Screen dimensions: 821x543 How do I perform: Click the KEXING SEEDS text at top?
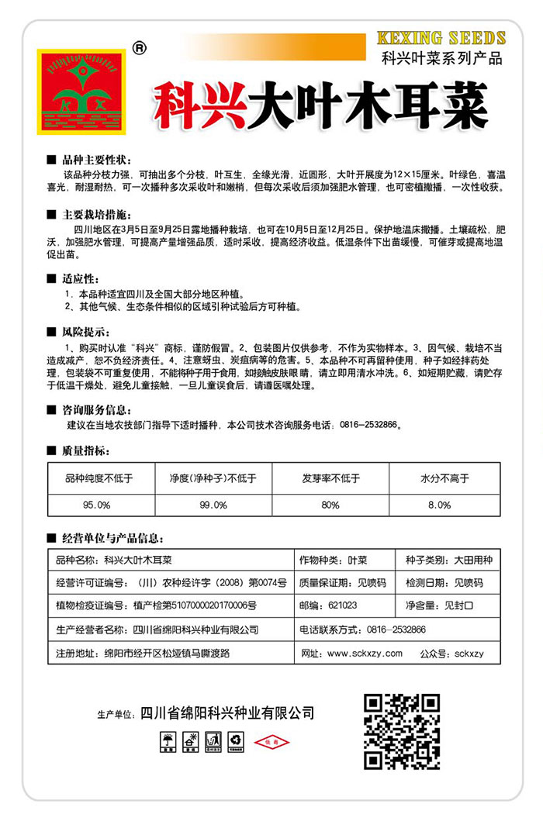[x=441, y=38]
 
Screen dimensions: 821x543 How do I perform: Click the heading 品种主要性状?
[x=94, y=158]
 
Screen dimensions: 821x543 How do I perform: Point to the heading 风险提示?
[x=83, y=331]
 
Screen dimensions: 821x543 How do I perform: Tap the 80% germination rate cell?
[x=330, y=504]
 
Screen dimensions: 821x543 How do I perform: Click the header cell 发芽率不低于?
[x=330, y=478]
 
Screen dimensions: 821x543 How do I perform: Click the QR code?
[x=402, y=731]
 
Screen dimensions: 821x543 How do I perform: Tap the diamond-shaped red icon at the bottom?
[x=271, y=743]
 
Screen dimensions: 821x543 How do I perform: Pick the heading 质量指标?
[x=83, y=449]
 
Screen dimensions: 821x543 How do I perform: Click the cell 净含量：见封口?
[x=448, y=605]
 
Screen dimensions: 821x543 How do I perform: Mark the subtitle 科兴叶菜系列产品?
[x=442, y=57]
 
